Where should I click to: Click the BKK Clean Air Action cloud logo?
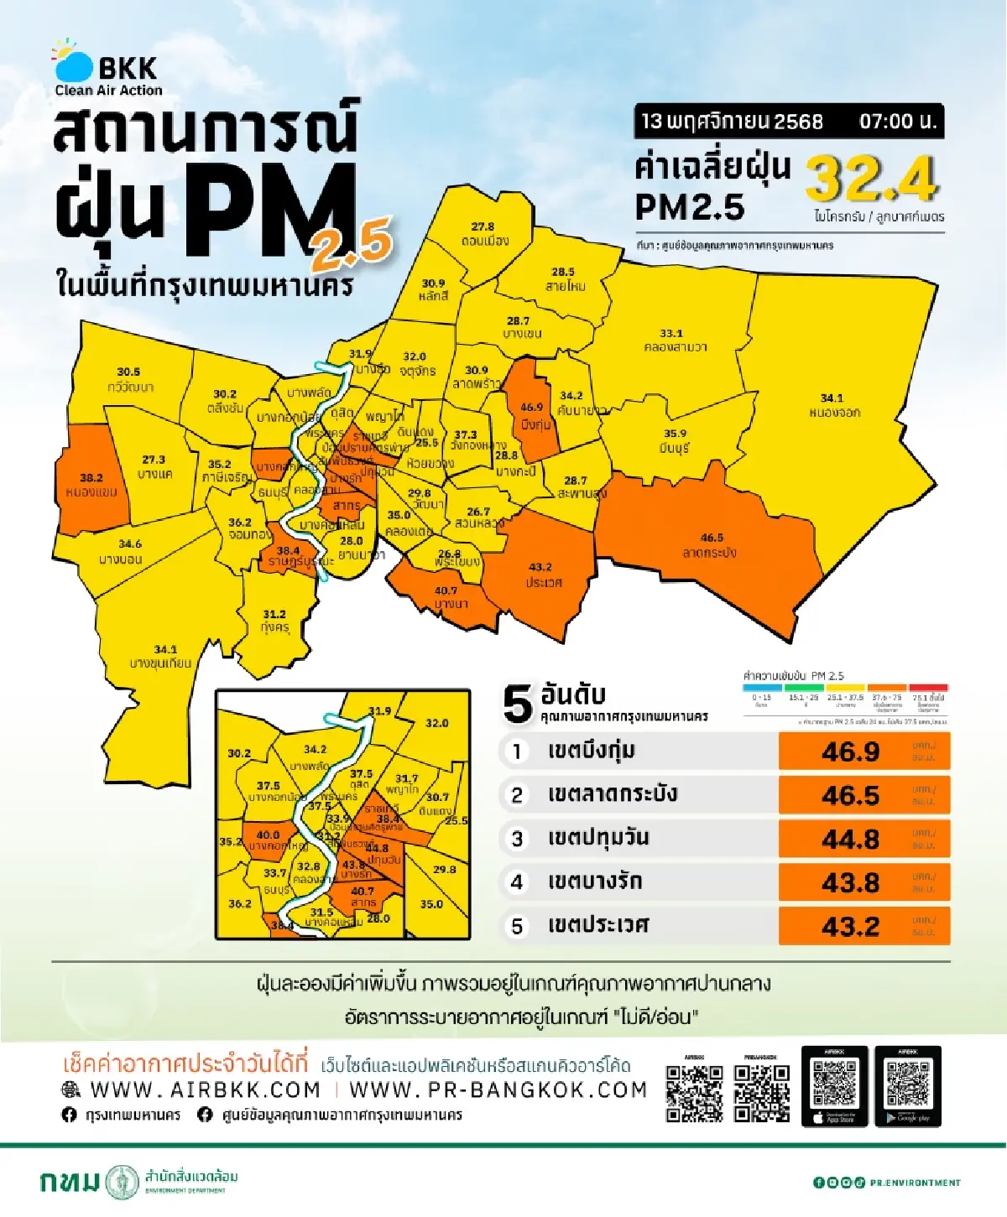(73, 64)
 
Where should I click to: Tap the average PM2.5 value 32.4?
(871, 179)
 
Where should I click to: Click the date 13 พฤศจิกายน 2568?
(732, 122)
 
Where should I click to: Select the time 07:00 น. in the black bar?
(896, 122)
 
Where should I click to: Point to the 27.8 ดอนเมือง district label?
(484, 234)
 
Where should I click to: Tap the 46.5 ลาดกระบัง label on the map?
(711, 545)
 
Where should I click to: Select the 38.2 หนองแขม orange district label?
(91, 485)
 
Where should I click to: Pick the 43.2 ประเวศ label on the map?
(542, 575)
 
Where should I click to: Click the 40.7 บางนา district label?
(448, 597)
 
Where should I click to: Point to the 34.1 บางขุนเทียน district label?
(161, 657)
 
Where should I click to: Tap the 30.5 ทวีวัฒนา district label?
(129, 379)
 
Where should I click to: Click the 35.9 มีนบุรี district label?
(675, 441)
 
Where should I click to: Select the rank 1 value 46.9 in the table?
(851, 752)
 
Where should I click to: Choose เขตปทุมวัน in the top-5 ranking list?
(597, 838)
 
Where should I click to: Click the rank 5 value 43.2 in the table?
(851, 926)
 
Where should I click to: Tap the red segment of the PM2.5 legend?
(928, 688)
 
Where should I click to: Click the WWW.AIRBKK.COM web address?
(205, 1090)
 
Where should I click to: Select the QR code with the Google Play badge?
(907, 1085)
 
